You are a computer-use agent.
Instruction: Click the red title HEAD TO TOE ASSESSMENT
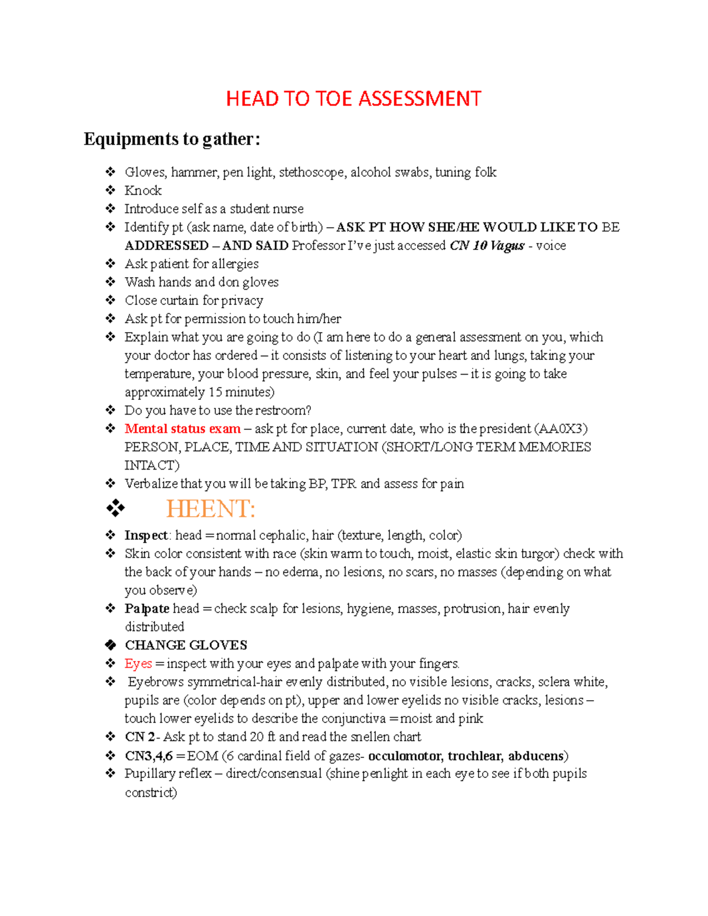tap(353, 99)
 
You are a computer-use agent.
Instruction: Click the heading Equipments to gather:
tap(172, 139)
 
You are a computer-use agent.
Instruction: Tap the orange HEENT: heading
tap(211, 509)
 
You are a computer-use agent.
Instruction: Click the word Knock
tap(143, 191)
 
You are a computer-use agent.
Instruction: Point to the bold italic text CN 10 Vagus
tap(487, 245)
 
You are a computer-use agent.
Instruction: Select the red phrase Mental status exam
tap(182, 429)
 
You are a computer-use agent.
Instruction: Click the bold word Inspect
tap(146, 536)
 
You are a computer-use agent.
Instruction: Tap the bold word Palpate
tap(147, 609)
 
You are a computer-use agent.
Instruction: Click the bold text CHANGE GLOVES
tap(186, 645)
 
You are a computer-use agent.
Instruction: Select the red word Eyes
tap(138, 664)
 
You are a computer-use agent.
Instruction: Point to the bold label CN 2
tap(140, 737)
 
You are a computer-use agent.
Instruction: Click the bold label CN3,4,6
tap(148, 756)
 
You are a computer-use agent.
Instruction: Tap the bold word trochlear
tap(474, 756)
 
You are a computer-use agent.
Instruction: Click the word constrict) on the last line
tap(150, 792)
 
